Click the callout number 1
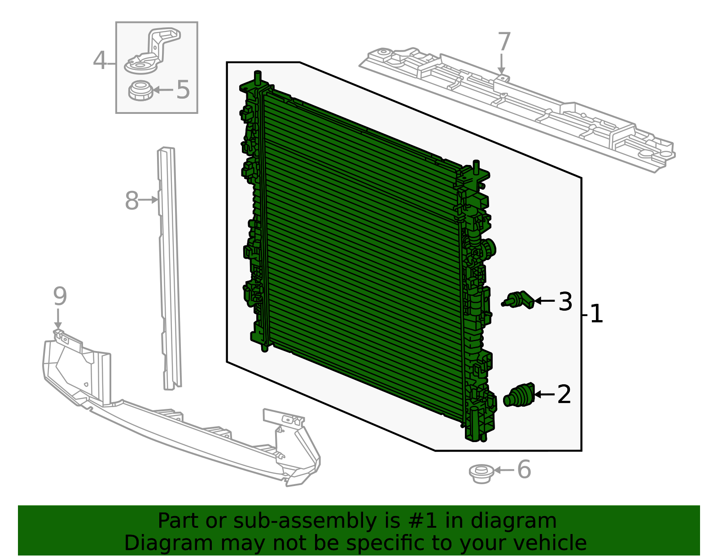[x=596, y=314]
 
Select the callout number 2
[x=564, y=395]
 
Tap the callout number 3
[x=565, y=301]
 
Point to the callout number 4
[x=100, y=61]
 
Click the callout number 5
[x=183, y=89]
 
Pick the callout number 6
[x=524, y=469]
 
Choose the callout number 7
[x=504, y=41]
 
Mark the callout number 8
[x=131, y=200]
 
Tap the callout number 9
[x=60, y=296]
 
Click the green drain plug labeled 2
[x=519, y=395]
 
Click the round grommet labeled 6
[x=482, y=474]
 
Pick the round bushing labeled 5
[x=141, y=91]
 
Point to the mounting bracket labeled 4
[x=152, y=51]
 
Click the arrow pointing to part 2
[x=544, y=395]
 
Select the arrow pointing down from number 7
[x=501, y=64]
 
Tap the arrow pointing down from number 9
[x=58, y=319]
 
